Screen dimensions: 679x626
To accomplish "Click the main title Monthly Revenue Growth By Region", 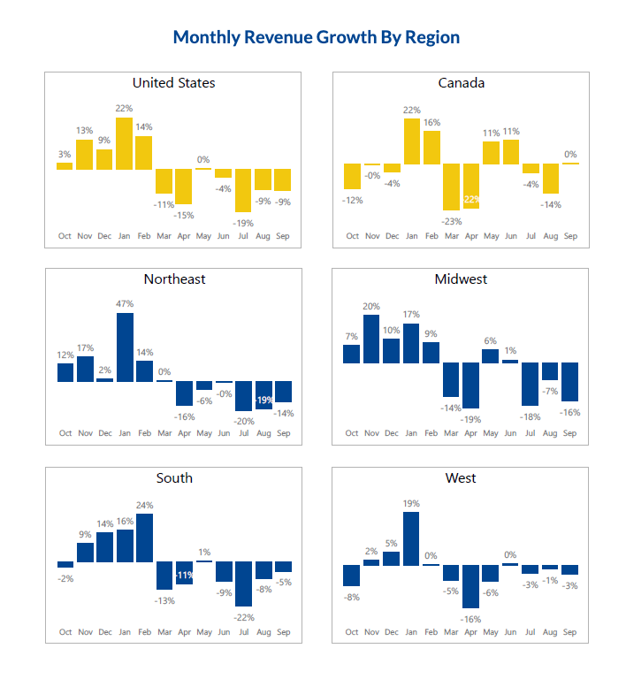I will click(316, 37).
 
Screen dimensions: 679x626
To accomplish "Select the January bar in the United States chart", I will click(124, 143).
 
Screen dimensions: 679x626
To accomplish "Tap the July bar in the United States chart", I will click(243, 190).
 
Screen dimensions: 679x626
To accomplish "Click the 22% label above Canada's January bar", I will click(411, 110).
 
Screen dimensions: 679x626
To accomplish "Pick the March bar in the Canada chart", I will click(451, 186).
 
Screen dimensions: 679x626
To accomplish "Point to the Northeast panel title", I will click(174, 279).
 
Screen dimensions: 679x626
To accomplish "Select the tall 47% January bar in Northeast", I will click(125, 347).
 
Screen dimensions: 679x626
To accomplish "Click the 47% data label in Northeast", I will click(125, 303).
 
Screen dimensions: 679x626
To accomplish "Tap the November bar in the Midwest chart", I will click(371, 339).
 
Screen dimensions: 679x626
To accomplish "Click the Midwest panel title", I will click(461, 279).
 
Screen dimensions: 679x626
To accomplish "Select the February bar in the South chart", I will click(145, 538).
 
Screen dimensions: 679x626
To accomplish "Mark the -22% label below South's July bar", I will click(243, 616).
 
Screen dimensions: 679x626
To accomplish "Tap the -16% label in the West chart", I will click(470, 619).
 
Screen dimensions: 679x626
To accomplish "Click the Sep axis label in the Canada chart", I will click(570, 236).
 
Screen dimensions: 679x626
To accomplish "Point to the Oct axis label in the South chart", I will click(65, 632).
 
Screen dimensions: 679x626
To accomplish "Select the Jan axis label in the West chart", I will click(411, 632).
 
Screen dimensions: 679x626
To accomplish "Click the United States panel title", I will click(173, 83).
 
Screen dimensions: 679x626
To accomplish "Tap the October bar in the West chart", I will click(352, 576).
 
